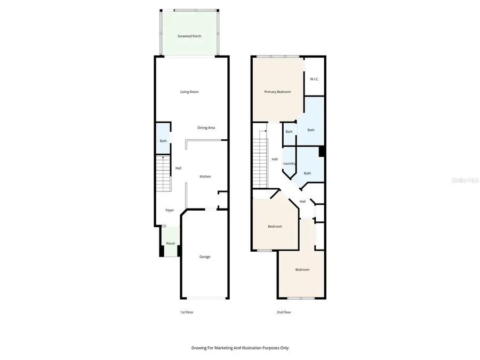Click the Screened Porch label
[x=189, y=36]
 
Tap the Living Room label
[x=189, y=92]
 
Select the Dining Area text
[x=206, y=127]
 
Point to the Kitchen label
[x=205, y=177]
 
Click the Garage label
[x=205, y=257]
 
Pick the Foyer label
[x=170, y=210]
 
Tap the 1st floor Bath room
[x=163, y=141]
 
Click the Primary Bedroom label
[x=278, y=92]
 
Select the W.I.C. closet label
[x=314, y=79]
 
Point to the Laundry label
[x=290, y=163]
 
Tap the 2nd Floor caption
[x=284, y=312]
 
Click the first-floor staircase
[x=163, y=174]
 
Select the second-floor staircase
[x=260, y=160]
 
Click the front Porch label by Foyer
[x=171, y=244]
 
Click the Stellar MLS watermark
[x=465, y=181]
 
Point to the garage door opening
[x=205, y=298]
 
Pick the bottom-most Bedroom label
[x=302, y=269]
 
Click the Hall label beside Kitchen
[x=179, y=169]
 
